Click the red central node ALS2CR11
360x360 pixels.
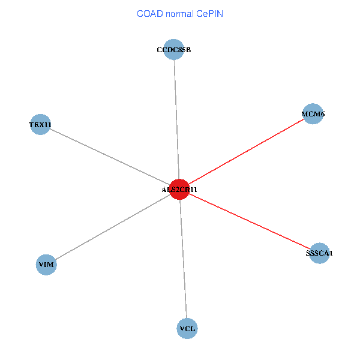(x=179, y=189)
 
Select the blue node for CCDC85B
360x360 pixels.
(x=173, y=50)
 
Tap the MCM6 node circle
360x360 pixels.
(x=313, y=114)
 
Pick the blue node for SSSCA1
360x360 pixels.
(x=319, y=253)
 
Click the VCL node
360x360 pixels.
(x=187, y=328)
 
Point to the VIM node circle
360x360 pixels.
(x=46, y=265)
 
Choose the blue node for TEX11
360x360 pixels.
(x=40, y=125)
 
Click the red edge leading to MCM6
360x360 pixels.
(x=246, y=151)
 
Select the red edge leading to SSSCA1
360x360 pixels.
(x=249, y=221)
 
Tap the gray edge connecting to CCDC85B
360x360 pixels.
(x=176, y=119)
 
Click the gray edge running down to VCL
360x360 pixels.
(x=183, y=259)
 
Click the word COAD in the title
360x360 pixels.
(x=149, y=14)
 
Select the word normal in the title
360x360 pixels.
(x=179, y=14)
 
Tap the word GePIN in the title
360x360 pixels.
(x=209, y=14)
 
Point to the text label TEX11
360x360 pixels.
(x=40, y=125)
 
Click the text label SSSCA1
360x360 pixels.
(x=319, y=253)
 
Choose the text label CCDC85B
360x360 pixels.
(x=173, y=50)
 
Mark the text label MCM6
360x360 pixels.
(x=313, y=114)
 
